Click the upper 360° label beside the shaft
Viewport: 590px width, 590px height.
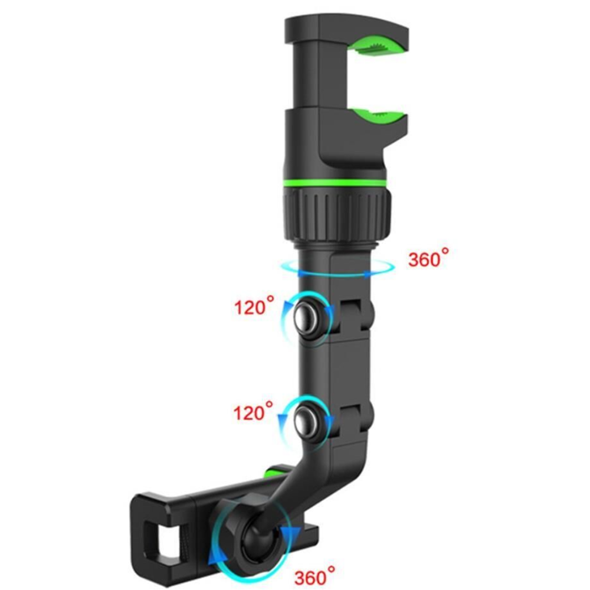tap(428, 258)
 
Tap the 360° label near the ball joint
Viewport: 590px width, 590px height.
tap(314, 576)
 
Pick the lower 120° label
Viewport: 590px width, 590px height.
tap(253, 411)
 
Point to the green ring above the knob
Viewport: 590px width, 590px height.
tap(333, 183)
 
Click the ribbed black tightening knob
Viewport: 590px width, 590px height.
tap(336, 215)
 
